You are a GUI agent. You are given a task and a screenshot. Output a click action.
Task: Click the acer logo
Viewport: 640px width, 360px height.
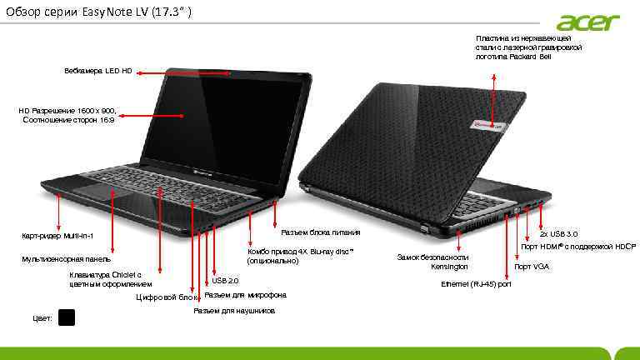[588, 22]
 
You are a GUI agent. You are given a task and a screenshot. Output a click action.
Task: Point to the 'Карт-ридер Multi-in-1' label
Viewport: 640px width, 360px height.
[57, 236]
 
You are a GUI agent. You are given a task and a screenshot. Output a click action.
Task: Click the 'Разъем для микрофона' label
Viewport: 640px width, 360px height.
[246, 295]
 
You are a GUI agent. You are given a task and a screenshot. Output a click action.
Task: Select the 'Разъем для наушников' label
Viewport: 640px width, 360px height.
[234, 311]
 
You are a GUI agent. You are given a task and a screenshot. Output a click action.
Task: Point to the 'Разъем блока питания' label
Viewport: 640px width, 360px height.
[321, 232]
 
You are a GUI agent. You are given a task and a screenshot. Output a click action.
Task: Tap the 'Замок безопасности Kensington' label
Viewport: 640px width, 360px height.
[433, 262]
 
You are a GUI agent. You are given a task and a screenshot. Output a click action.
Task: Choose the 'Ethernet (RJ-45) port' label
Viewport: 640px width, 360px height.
[476, 285]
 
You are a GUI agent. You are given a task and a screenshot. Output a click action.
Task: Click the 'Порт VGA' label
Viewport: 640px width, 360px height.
[532, 267]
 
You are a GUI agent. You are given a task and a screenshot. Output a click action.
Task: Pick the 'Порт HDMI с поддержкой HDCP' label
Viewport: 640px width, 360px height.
[578, 247]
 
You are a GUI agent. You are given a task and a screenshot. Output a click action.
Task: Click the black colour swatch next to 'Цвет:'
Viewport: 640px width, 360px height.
[67, 317]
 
